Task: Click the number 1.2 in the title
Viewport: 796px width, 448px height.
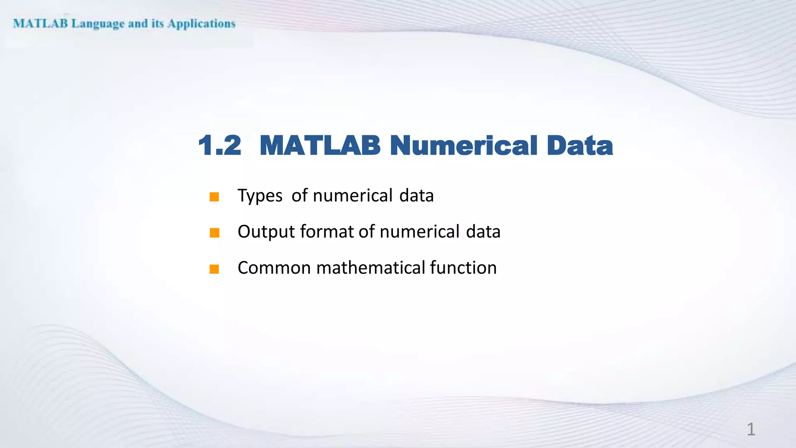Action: click(x=220, y=146)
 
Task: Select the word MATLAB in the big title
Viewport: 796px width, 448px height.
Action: click(x=319, y=146)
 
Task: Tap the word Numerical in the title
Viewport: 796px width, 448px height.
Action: click(x=463, y=146)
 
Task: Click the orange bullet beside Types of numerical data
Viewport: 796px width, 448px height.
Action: click(x=214, y=197)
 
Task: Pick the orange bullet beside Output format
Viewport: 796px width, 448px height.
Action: click(x=214, y=233)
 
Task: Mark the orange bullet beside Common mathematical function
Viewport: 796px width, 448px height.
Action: click(x=214, y=269)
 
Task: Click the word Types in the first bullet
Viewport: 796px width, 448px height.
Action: click(x=260, y=196)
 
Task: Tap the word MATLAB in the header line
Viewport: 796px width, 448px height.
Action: click(x=40, y=24)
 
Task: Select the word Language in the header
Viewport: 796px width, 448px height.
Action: click(x=98, y=24)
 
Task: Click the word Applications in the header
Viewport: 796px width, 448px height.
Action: click(x=201, y=24)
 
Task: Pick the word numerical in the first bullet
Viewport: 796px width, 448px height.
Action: click(x=353, y=196)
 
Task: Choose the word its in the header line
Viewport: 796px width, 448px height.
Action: click(x=157, y=24)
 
